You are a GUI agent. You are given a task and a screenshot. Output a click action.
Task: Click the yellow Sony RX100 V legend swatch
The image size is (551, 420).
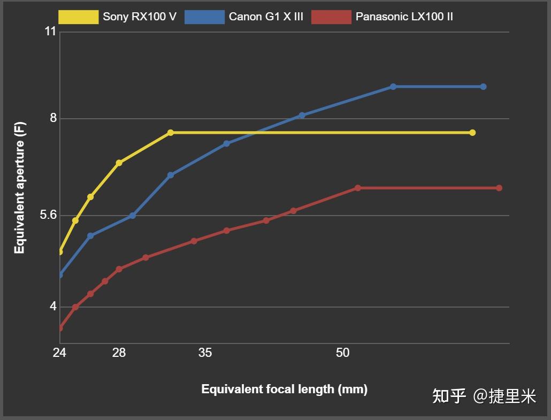point(78,17)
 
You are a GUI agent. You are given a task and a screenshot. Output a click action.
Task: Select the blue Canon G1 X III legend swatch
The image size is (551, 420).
point(204,17)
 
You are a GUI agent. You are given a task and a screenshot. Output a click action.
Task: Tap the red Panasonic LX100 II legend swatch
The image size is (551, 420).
point(331,17)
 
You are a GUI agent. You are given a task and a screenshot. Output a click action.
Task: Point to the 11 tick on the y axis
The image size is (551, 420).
point(50,32)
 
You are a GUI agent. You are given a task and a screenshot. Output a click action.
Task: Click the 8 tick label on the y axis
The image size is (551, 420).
point(53,118)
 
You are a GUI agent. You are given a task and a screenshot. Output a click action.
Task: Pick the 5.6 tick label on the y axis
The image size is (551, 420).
point(48,215)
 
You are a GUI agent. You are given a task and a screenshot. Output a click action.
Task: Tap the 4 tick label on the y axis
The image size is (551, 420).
point(53,307)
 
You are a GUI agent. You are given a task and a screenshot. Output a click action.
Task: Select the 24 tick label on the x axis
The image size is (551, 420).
point(59,353)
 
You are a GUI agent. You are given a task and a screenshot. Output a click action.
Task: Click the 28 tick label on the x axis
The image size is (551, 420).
point(119,353)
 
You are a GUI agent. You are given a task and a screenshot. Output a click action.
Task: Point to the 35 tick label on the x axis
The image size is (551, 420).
point(205,353)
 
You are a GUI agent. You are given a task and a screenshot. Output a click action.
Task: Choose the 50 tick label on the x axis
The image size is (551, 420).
point(342,353)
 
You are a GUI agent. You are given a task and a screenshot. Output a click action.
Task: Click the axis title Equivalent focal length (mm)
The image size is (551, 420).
point(284,389)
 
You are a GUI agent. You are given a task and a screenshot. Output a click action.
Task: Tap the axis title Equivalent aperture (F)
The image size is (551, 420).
point(19,188)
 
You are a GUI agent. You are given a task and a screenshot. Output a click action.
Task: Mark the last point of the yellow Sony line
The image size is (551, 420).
point(472,133)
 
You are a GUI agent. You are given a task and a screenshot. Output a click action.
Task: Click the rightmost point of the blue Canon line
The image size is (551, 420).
point(483,87)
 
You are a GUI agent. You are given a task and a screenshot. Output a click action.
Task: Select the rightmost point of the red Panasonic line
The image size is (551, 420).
point(499,188)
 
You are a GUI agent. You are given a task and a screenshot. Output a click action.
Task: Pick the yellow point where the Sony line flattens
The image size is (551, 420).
point(171,133)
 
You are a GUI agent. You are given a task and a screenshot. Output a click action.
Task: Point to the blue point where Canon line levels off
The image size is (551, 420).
point(393,87)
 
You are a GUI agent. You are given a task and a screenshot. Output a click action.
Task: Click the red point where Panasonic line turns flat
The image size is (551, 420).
point(358,188)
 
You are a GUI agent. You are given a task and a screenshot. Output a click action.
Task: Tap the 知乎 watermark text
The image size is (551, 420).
point(449,396)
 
